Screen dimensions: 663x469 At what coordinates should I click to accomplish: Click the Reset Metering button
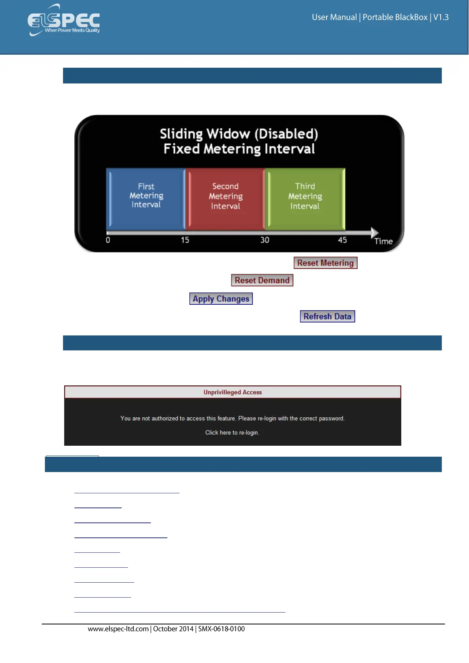tap(325, 263)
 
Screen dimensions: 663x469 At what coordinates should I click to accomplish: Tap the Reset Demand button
tap(262, 280)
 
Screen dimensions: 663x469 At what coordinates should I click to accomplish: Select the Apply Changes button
tap(221, 299)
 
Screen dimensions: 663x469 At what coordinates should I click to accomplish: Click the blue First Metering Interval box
tap(146, 198)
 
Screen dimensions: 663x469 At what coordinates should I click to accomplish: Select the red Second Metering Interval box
tap(225, 198)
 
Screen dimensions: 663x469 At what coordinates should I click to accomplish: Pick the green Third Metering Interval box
tap(305, 198)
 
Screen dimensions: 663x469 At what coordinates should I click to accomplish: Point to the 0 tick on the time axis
tap(108, 240)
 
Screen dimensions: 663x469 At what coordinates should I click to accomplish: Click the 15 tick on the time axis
tap(185, 240)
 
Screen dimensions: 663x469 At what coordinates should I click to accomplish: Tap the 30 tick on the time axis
tap(265, 240)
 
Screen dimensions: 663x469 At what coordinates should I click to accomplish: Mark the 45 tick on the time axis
tap(343, 240)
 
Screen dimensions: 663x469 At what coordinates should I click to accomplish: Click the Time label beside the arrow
tap(383, 241)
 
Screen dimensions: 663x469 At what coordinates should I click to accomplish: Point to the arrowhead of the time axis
tap(374, 233)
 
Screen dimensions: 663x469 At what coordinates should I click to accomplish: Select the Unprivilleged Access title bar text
tap(232, 392)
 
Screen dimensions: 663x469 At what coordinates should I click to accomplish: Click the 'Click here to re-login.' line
tap(232, 432)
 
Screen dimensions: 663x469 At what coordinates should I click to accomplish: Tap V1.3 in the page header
tap(441, 17)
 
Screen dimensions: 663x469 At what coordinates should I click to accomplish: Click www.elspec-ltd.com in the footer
tap(118, 629)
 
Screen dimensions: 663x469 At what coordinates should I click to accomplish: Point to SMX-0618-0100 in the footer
tap(221, 629)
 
